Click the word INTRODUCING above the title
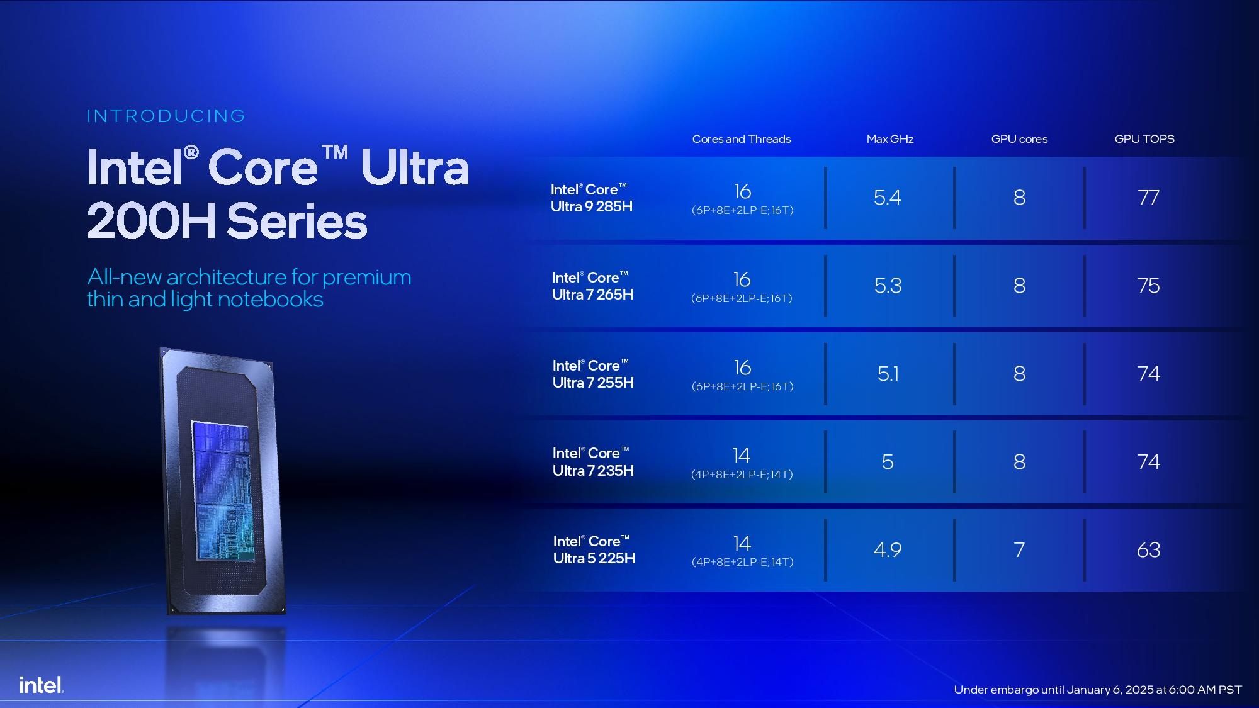166,116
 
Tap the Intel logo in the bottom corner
42,685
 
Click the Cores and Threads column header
742,139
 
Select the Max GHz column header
890,139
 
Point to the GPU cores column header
1019,139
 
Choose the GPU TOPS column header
1144,139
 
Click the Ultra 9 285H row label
591,198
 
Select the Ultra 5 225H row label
594,549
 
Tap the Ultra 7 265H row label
592,286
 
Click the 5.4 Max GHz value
888,198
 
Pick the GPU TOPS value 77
1148,198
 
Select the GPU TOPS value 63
1148,550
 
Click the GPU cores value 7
1019,550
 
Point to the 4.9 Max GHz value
888,550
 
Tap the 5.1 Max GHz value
888,374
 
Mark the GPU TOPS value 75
1148,286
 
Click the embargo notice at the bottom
1098,690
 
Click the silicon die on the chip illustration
223,491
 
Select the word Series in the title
296,222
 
